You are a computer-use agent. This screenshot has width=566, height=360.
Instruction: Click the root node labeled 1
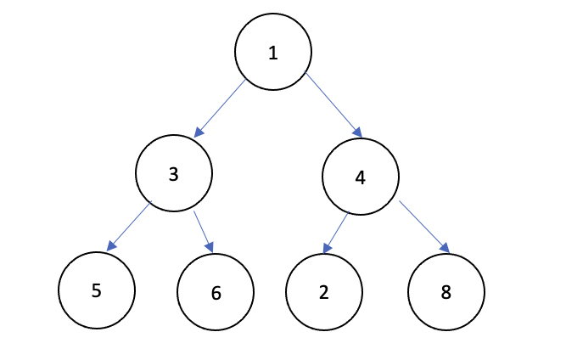coord(272,53)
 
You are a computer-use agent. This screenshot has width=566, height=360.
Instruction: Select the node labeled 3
coord(173,174)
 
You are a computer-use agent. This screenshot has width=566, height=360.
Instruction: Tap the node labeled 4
coord(361,178)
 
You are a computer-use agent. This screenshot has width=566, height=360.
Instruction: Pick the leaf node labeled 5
coord(97,290)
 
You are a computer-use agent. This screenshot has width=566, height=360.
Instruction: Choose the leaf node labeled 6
coord(216,294)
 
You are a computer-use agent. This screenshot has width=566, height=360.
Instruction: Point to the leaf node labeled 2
coord(324,293)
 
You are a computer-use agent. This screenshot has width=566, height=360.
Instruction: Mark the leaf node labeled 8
coord(446,293)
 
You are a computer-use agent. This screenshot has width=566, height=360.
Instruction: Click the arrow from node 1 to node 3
coord(221,108)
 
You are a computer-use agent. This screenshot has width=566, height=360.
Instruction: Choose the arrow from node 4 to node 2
coord(335,233)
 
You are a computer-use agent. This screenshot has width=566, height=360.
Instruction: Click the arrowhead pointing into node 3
coord(198,133)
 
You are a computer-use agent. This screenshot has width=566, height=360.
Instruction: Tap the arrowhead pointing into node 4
coord(359,133)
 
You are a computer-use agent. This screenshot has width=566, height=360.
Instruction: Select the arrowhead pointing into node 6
coord(210,249)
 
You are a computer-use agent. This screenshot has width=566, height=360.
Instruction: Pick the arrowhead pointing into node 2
coord(327,250)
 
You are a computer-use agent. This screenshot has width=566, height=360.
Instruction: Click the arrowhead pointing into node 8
coord(446,250)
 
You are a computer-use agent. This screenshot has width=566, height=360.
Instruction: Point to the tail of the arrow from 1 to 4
coord(307,76)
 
